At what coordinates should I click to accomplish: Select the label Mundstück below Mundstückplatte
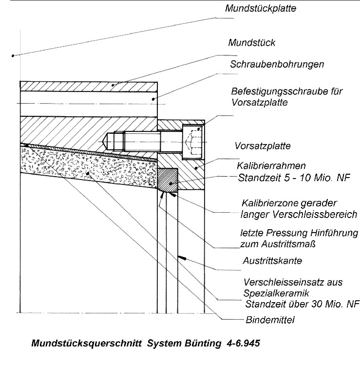[252, 43]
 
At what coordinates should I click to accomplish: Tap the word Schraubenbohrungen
[277, 64]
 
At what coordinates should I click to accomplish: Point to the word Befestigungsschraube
[273, 91]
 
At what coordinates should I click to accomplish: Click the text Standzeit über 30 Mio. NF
[302, 305]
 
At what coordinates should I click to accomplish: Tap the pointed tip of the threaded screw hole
[106, 141]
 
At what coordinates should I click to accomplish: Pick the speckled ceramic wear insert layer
[88, 168]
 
